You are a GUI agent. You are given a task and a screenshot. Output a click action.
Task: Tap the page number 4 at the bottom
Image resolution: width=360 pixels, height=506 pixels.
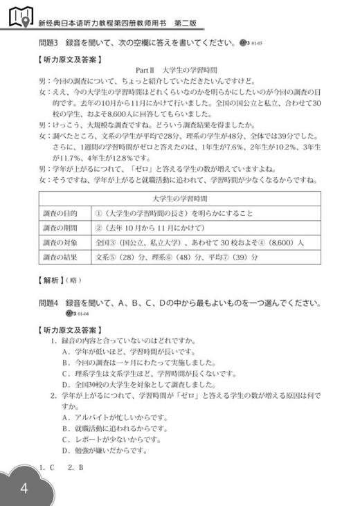coord(24,489)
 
